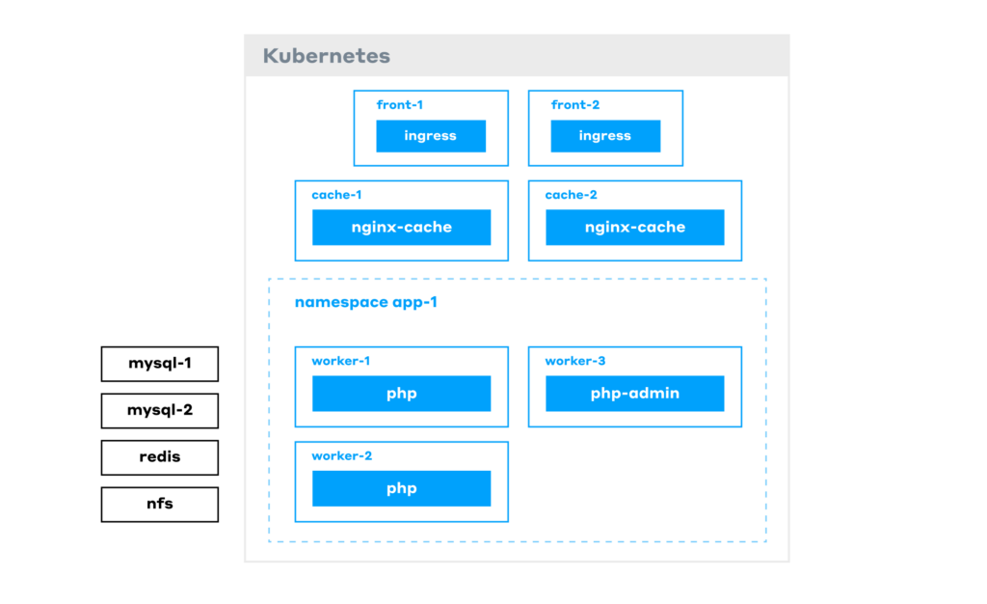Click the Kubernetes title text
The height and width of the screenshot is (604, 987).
(x=326, y=56)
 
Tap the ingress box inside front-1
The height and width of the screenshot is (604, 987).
(x=431, y=136)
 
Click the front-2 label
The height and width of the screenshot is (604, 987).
(x=575, y=104)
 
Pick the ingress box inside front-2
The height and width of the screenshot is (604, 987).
(x=605, y=136)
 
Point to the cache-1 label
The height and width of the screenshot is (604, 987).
(x=336, y=195)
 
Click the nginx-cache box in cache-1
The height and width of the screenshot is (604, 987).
(x=401, y=228)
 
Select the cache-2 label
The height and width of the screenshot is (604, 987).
(x=571, y=195)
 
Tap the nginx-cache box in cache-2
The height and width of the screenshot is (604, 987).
(x=635, y=228)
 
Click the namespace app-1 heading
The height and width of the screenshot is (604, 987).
(x=365, y=302)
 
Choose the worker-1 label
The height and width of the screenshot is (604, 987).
(x=341, y=361)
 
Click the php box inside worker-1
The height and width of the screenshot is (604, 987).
(x=401, y=394)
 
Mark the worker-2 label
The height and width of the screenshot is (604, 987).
(x=341, y=455)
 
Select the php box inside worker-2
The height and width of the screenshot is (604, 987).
(x=401, y=488)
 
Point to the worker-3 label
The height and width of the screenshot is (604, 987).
(x=575, y=361)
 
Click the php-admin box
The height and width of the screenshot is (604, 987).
(x=635, y=394)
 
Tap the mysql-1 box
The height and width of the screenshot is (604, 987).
(x=160, y=364)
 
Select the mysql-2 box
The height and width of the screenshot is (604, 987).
(x=160, y=411)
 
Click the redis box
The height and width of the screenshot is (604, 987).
(x=160, y=457)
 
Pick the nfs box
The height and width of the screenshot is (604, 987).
(x=160, y=504)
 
